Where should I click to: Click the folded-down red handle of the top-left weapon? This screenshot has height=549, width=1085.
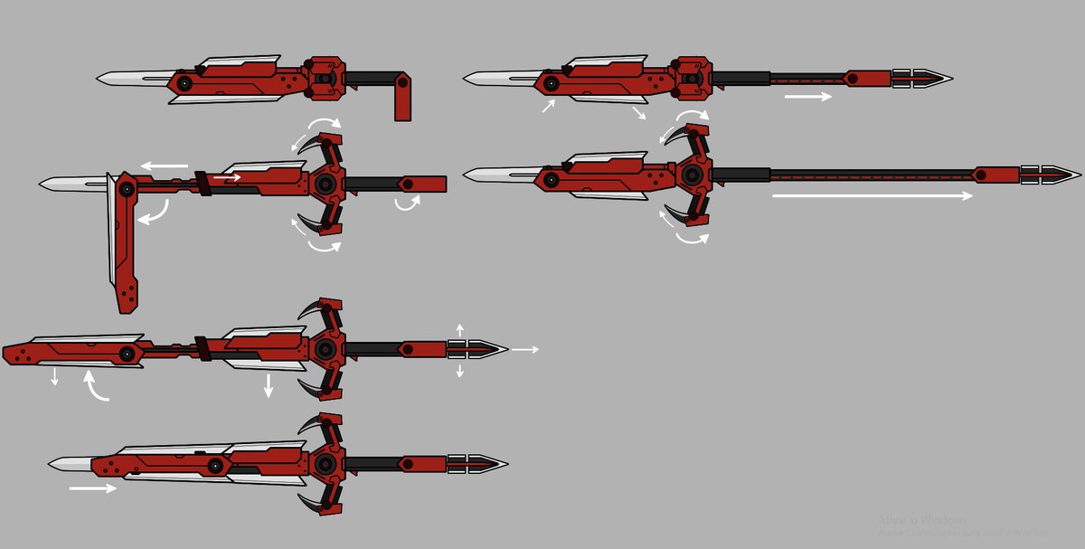(403, 99)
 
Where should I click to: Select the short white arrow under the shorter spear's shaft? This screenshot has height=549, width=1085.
(807, 96)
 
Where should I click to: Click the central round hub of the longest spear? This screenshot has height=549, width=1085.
(692, 174)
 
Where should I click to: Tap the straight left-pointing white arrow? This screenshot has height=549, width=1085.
(164, 166)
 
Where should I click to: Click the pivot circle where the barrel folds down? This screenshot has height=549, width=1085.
(127, 189)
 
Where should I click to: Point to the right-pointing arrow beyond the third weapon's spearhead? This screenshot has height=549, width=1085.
(524, 349)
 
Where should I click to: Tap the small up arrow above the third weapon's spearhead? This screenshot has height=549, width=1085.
(459, 330)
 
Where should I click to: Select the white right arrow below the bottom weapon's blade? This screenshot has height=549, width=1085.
(93, 488)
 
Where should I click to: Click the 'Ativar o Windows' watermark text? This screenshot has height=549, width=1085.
(922, 520)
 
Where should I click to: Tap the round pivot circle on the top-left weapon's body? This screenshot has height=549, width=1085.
(184, 83)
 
